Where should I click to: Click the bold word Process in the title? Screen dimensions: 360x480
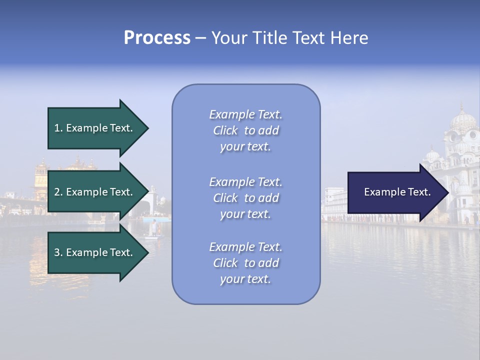pos(157,37)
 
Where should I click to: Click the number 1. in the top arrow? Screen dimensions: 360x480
pos(58,128)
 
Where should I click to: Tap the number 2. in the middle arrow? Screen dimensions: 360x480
pos(58,192)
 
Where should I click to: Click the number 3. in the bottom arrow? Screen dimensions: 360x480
pos(58,252)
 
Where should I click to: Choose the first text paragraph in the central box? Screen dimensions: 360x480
pos(245,130)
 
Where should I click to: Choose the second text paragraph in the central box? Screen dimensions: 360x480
pos(245,198)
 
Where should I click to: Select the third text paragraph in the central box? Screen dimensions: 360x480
pos(245,263)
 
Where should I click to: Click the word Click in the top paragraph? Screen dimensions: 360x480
pos(225,130)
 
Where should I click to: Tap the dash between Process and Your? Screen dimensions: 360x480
pos(200,38)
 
